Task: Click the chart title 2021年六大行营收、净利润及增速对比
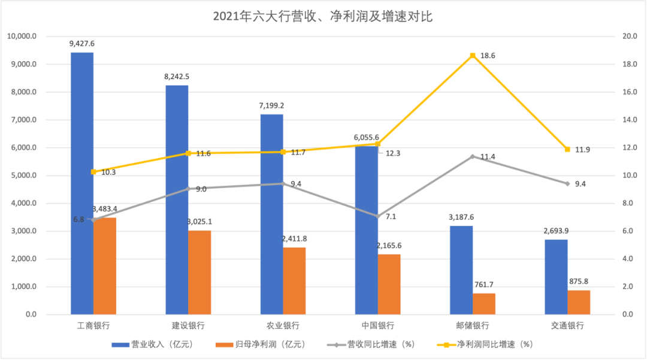[323, 17]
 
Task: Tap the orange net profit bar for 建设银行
[199, 273]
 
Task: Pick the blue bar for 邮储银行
[461, 270]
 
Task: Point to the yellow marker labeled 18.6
[473, 56]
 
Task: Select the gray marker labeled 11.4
[473, 156]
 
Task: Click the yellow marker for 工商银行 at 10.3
[93, 172]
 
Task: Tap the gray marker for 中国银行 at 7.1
[377, 216]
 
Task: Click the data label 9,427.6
[82, 44]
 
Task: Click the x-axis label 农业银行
[283, 326]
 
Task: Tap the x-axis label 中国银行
[377, 326]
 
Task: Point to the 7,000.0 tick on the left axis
[22, 120]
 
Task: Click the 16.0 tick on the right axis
[630, 92]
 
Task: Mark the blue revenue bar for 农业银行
[271, 214]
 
